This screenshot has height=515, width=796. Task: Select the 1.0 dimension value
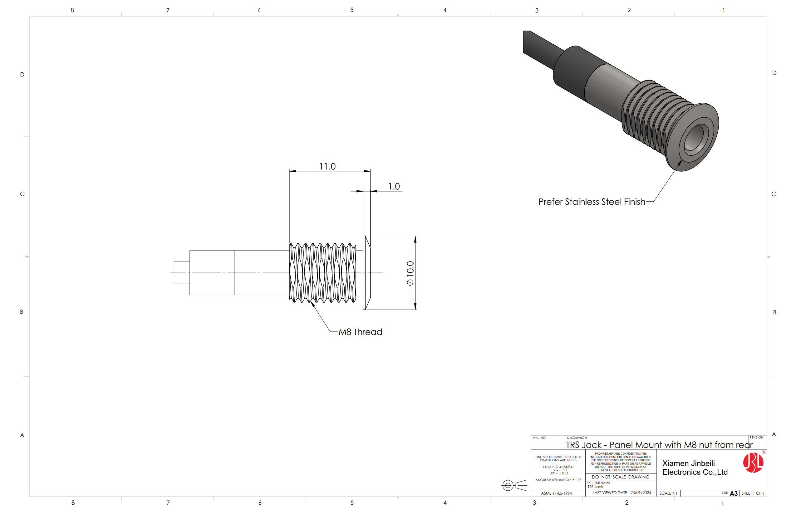coord(394,186)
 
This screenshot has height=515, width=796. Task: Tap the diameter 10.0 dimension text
coord(410,273)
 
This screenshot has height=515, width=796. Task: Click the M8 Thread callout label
coord(360,332)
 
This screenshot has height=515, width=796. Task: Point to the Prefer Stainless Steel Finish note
coord(592,202)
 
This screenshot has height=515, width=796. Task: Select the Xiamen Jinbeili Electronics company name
coord(695,468)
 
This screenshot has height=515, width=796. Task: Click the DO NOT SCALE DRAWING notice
coord(621,477)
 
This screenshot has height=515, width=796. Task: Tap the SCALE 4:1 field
coord(668,493)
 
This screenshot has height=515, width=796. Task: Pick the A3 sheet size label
coord(734,493)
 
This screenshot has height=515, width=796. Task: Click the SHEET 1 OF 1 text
coord(753,493)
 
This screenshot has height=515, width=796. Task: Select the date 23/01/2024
coord(641,493)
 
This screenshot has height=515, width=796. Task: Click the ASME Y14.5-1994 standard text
coord(556,493)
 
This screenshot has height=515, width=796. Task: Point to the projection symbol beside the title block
coord(514,485)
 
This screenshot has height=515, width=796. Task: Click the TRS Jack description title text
coord(659,445)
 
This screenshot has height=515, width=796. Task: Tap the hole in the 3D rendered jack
coord(695,137)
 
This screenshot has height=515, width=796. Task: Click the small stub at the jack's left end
coord(182,273)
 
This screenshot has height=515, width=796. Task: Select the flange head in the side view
coord(366,273)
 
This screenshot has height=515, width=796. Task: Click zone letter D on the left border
coord(22,74)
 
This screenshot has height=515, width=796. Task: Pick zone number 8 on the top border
coord(72,10)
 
